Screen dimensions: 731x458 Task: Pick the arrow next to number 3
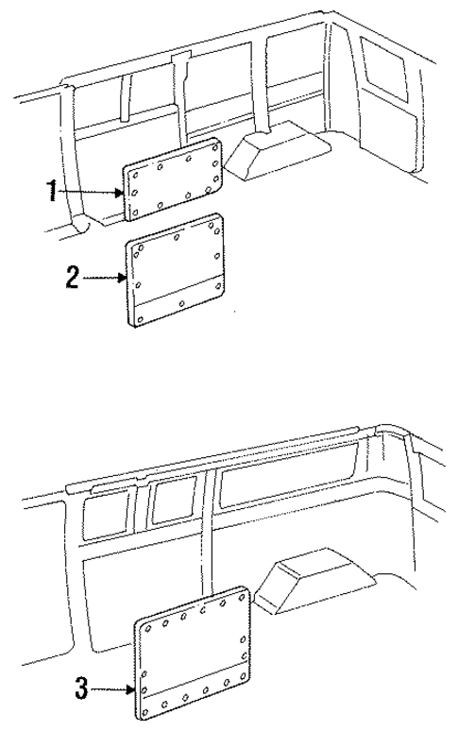(x=113, y=690)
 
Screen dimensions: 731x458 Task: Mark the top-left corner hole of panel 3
(x=147, y=627)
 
